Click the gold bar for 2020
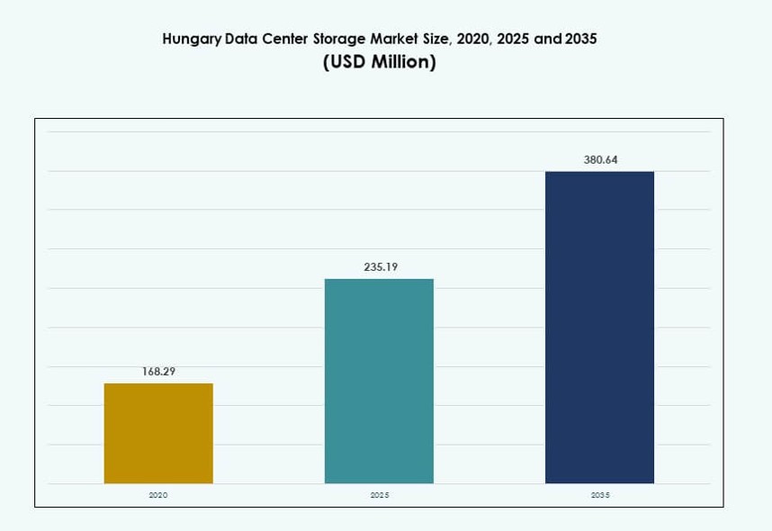158,433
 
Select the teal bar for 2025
379,381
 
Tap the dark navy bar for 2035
599,327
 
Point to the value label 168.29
158,371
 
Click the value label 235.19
379,266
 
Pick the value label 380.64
600,159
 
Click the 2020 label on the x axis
158,496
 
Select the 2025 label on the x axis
379,496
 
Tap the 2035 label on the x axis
600,496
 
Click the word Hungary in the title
192,40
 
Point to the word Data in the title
243,39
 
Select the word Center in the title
290,39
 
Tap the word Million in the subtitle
405,63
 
